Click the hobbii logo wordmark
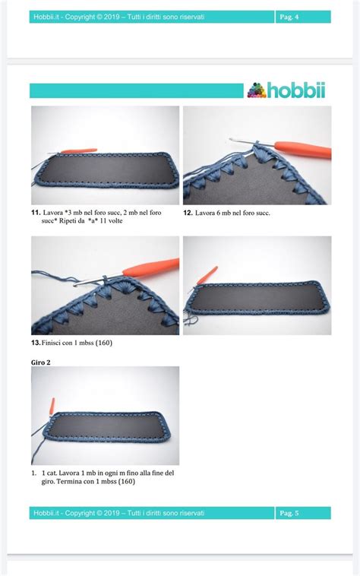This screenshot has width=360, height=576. coord(296,90)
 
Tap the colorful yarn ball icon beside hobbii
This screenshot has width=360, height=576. coord(257,90)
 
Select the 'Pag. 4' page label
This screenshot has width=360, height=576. coord(289,17)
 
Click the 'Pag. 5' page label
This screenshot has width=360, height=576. coord(289,513)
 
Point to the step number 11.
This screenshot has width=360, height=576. coord(36,212)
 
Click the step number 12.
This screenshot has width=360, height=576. coord(188,213)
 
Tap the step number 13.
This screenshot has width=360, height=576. coord(36,343)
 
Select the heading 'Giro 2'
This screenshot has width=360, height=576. coord(41,362)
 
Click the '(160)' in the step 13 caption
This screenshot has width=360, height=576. coord(104,343)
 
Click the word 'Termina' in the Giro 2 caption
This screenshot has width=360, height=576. coord(69,481)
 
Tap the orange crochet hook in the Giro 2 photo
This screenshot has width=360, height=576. coord(52,407)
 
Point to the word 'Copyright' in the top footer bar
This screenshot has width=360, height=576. coord(81,17)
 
